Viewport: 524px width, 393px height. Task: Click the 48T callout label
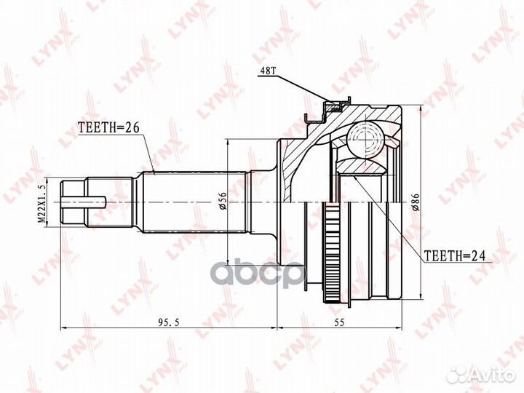coord(267,71)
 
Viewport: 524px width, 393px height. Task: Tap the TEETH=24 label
coord(453,255)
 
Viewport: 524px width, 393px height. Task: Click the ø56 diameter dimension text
coord(221,199)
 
